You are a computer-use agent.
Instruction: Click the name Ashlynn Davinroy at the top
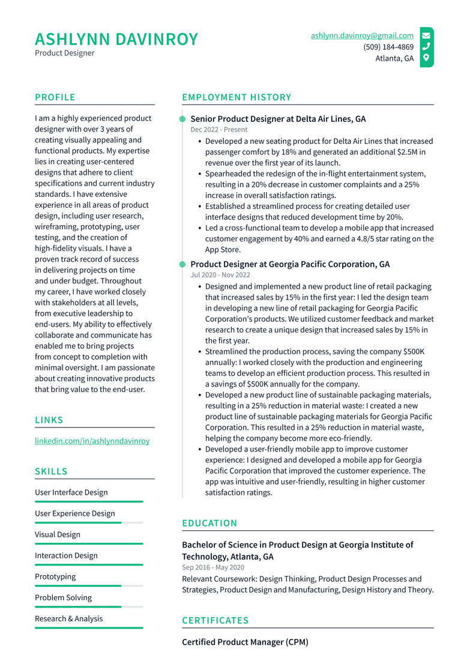[x=116, y=40]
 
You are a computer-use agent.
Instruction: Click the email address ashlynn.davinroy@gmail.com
[x=362, y=35]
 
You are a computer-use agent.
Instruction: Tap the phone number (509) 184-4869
[x=388, y=47]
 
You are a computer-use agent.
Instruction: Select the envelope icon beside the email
[x=426, y=35]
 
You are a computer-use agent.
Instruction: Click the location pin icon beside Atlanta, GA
[x=426, y=58]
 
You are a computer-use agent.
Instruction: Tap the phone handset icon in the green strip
[x=426, y=47]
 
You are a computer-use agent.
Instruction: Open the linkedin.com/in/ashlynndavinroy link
[x=92, y=441]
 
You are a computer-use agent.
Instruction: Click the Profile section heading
[x=55, y=97]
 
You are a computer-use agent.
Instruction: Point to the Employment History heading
[x=237, y=97]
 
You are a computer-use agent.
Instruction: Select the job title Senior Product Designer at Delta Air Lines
[x=278, y=119]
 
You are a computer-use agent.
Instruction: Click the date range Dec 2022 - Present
[x=218, y=130]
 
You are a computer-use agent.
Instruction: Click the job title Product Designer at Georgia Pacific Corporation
[x=290, y=264]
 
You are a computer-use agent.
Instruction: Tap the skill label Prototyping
[x=55, y=576]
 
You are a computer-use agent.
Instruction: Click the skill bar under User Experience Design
[x=89, y=523]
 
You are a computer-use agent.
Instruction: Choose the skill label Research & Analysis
[x=68, y=618]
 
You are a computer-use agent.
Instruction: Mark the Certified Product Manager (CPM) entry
[x=245, y=642]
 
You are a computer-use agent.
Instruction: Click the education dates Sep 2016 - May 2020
[x=213, y=567]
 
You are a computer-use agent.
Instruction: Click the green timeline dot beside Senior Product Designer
[x=182, y=119]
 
